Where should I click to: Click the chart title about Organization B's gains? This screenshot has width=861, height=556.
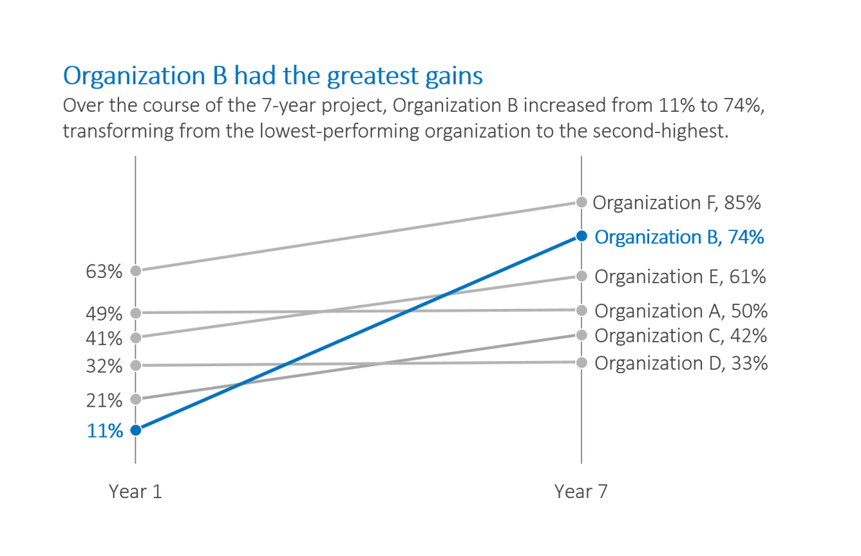pyautogui.click(x=272, y=76)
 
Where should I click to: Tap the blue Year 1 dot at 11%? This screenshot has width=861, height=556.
pyautogui.click(x=135, y=430)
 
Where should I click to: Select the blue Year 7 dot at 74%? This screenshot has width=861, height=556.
pyautogui.click(x=581, y=236)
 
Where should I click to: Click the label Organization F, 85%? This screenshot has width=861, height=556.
pyautogui.click(x=677, y=202)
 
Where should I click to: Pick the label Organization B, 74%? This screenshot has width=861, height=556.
pyautogui.click(x=679, y=237)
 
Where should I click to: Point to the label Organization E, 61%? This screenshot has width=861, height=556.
pyautogui.click(x=680, y=276)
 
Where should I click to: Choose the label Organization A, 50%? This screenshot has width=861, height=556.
pyautogui.click(x=680, y=311)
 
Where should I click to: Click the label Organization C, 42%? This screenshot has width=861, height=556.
pyautogui.click(x=680, y=336)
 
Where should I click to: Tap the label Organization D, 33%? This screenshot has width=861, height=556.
pyautogui.click(x=680, y=363)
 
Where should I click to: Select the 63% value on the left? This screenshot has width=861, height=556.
pyautogui.click(x=103, y=271)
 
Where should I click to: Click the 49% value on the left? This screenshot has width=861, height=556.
pyautogui.click(x=103, y=313)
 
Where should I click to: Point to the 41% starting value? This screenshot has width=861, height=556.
pyautogui.click(x=103, y=338)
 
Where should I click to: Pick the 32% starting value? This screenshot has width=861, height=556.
pyautogui.click(x=103, y=366)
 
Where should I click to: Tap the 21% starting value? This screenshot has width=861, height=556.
pyautogui.click(x=103, y=400)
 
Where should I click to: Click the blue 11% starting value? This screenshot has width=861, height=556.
pyautogui.click(x=103, y=432)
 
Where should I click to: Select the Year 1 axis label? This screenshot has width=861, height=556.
pyautogui.click(x=135, y=492)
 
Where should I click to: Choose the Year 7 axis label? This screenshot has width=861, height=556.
pyautogui.click(x=580, y=492)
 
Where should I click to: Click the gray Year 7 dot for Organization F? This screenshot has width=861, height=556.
pyautogui.click(x=581, y=202)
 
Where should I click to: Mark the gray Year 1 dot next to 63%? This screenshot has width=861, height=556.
pyautogui.click(x=135, y=270)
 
